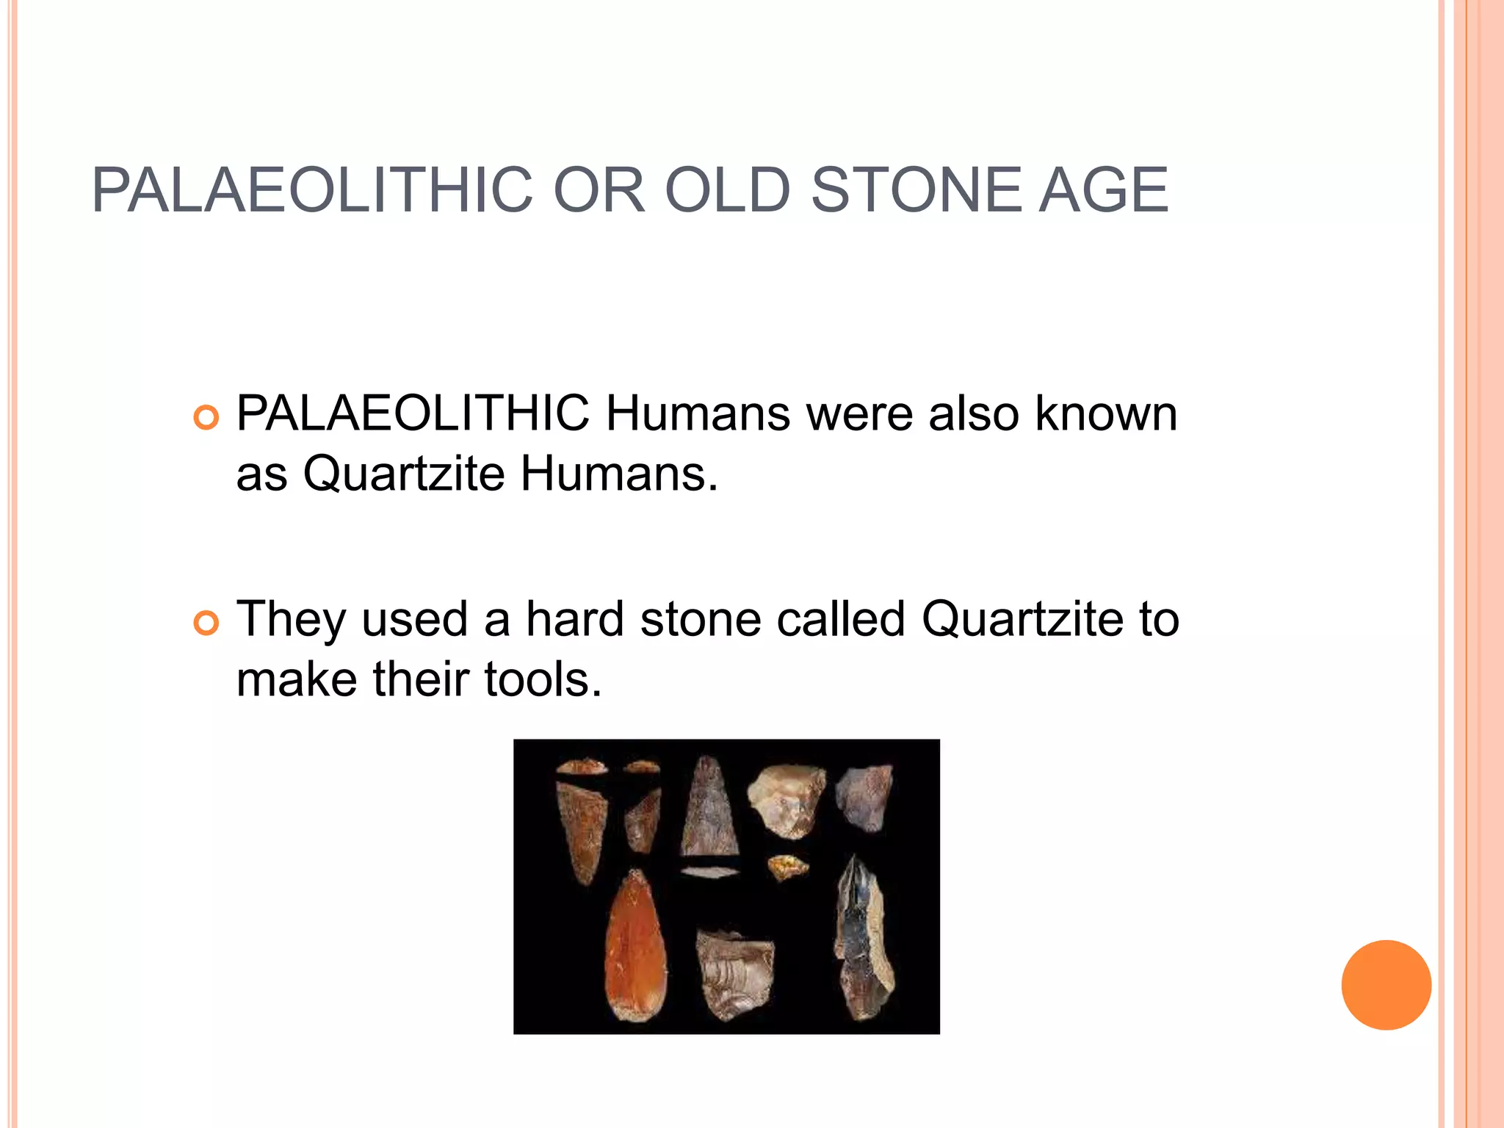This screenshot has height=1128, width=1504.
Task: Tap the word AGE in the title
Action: click(1103, 191)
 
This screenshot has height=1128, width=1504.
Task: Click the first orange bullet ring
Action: click(206, 418)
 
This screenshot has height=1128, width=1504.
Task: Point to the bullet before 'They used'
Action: click(206, 623)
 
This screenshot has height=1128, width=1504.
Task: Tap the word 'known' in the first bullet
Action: click(1106, 413)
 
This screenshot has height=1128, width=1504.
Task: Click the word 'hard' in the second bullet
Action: click(575, 619)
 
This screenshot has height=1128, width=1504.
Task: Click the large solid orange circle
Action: click(1386, 985)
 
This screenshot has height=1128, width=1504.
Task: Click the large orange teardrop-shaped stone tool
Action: click(636, 947)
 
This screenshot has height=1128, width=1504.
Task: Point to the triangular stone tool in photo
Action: click(709, 808)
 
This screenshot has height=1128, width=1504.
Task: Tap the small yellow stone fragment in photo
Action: click(788, 867)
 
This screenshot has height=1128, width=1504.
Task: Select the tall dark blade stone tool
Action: click(864, 940)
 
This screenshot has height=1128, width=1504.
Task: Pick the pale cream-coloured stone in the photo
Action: click(786, 799)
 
